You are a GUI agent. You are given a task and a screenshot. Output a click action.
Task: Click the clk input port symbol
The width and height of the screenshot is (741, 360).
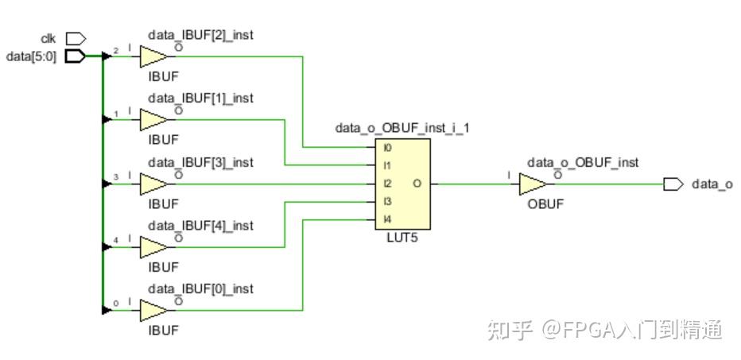coord(75,38)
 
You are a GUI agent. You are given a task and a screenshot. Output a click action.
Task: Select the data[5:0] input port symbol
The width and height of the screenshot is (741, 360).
coord(75,56)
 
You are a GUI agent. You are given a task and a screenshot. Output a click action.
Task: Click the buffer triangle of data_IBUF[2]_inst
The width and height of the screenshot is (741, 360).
coord(153,56)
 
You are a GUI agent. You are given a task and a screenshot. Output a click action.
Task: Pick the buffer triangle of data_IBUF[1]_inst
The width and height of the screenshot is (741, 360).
coord(153,120)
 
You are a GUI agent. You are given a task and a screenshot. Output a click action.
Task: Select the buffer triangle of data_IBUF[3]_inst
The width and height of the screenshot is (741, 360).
coord(153,184)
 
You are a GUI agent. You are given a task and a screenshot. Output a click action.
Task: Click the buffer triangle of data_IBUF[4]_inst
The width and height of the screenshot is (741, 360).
coord(153,247)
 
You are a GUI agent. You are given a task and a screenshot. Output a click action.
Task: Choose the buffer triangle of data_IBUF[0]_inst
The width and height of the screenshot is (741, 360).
coord(153,311)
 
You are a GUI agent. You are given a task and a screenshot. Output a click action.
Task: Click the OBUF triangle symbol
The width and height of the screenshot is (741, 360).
coord(532,184)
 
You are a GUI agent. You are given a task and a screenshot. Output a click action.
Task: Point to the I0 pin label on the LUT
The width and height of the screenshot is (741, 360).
coord(387,148)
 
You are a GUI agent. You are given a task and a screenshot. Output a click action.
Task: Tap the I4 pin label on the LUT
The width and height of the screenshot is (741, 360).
coord(387,219)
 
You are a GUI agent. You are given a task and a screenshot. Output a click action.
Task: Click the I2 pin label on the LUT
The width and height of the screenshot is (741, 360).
coord(387,184)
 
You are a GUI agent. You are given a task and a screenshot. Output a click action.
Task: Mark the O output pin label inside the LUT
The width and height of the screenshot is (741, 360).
coord(417,184)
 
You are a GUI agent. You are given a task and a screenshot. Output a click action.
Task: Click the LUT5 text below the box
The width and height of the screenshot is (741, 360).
coord(402,238)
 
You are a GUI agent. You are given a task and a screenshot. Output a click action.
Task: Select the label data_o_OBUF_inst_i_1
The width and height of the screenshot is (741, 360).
coord(402,127)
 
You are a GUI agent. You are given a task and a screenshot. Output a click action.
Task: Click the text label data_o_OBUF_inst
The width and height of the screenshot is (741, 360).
coord(582,162)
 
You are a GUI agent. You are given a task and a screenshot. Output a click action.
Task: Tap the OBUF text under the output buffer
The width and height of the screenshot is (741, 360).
coord(545,203)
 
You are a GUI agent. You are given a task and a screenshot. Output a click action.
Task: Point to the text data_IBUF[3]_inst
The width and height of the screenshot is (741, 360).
coord(200,162)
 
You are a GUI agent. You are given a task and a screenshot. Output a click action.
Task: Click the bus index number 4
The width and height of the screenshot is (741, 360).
coord(116,239)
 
